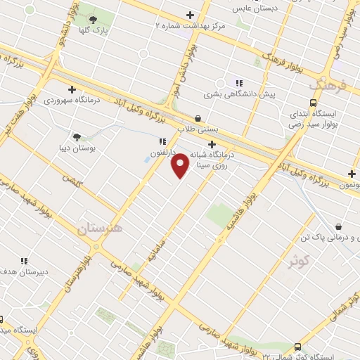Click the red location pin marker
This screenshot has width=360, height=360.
point(181,165)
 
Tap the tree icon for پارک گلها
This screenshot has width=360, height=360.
point(93,20)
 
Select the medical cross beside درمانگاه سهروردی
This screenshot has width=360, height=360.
point(72,89)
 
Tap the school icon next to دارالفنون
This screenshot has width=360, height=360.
point(162,141)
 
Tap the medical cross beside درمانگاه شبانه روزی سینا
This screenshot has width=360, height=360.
point(212,145)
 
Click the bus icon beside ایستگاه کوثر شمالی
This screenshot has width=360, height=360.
point(297,347)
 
